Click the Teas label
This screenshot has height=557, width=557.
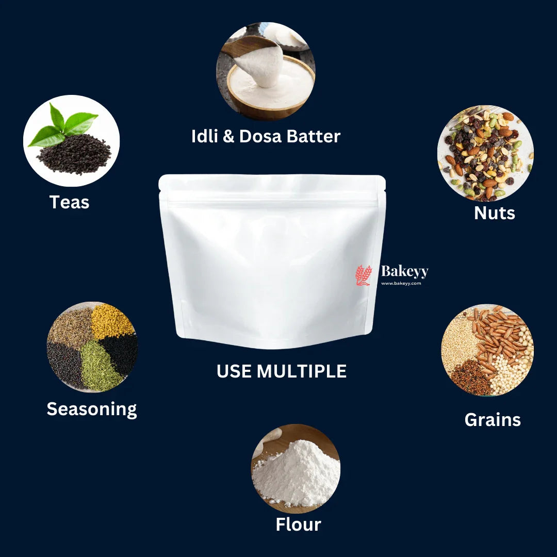(x=69, y=202)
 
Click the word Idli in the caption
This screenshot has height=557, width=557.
(x=205, y=136)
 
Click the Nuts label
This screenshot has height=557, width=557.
(x=494, y=212)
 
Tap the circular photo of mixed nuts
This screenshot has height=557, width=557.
(x=485, y=153)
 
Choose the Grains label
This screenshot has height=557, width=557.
(x=493, y=419)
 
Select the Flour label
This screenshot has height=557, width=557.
(x=298, y=525)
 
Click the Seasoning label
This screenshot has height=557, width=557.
(x=92, y=408)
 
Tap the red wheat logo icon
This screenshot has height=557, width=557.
(x=363, y=275)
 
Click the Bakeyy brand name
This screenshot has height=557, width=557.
(x=404, y=271)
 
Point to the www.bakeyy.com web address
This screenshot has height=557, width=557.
(x=401, y=283)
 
